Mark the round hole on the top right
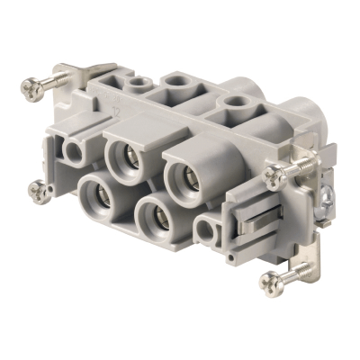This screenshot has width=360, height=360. point(236,107)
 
